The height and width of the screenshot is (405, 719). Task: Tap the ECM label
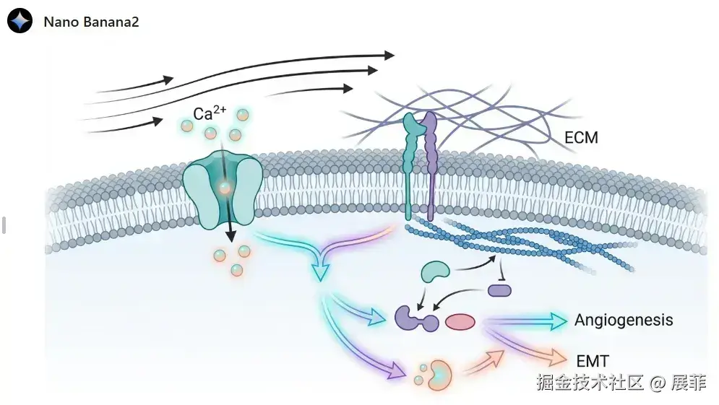coord(580,136)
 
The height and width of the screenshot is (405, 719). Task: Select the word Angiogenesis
coord(624,320)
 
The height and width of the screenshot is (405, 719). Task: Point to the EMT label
coord(593,360)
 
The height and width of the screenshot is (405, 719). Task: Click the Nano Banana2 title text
coord(91,22)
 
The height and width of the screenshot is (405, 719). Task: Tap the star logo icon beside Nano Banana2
coord(20,21)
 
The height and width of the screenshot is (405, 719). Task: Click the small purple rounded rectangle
coord(499,290)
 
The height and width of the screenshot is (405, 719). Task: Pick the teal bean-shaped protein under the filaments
coord(436,271)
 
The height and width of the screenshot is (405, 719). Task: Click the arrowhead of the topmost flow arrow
coord(389,55)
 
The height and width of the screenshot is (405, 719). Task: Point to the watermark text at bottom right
coord(621,383)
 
